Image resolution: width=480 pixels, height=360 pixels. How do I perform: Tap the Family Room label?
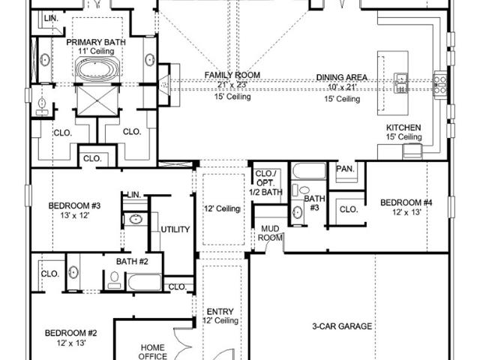[x=232, y=75]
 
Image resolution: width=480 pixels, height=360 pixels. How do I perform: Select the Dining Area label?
[x=342, y=77]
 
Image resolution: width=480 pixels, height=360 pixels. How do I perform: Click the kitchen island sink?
[x=400, y=83]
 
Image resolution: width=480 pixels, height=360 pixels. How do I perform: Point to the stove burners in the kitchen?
[x=440, y=84]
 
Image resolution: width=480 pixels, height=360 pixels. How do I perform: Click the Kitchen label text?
[x=403, y=127]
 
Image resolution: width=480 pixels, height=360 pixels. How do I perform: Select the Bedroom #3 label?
[x=74, y=205]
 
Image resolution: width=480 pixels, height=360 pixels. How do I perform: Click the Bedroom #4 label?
[x=406, y=202]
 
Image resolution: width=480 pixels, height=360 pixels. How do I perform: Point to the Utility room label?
[x=175, y=229]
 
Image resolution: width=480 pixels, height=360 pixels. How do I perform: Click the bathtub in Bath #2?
[x=144, y=282]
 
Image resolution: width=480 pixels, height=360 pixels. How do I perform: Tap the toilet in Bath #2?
[x=114, y=280]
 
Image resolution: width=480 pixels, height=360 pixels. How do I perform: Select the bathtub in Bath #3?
[x=309, y=171]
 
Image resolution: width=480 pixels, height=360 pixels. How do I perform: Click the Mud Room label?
[x=270, y=233]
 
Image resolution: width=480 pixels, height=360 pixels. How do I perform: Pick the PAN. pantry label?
[x=345, y=169]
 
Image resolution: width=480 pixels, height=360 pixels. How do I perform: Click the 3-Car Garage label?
[x=342, y=326]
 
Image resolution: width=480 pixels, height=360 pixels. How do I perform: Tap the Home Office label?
[x=152, y=352]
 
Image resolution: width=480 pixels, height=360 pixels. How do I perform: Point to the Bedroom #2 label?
[x=71, y=333]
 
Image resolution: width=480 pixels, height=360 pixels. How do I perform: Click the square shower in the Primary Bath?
[x=97, y=100]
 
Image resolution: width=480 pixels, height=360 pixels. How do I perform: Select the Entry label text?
[x=220, y=312]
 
